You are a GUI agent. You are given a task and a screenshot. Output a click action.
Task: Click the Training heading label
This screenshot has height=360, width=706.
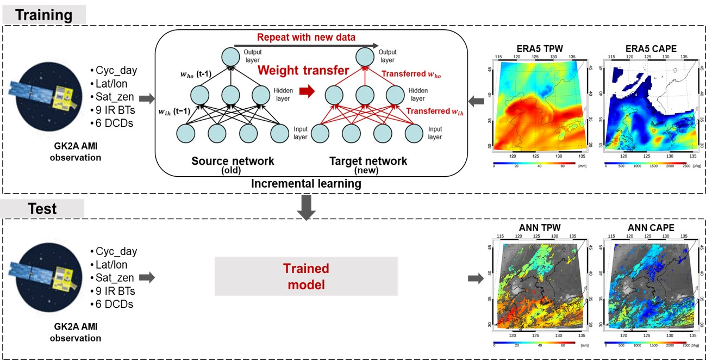(x=43, y=15)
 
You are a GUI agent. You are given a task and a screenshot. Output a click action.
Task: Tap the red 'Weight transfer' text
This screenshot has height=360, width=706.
(x=303, y=70)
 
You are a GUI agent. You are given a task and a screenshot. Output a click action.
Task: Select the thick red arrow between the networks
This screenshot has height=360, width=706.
(x=307, y=92)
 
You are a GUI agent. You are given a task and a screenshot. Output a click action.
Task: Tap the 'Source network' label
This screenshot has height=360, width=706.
(x=233, y=161)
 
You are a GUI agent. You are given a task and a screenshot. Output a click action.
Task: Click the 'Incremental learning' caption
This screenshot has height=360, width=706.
(x=306, y=183)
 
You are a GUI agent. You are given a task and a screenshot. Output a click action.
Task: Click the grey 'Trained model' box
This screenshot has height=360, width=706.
(x=307, y=277)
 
